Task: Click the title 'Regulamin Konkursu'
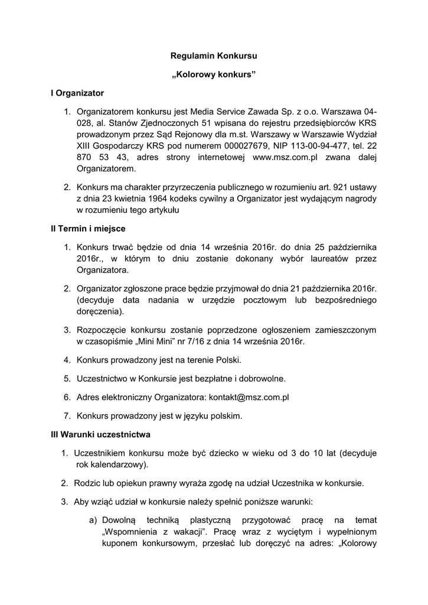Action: (214, 56)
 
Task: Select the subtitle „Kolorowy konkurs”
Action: (214, 74)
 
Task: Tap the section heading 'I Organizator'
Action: (77, 93)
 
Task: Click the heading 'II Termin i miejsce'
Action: (88, 228)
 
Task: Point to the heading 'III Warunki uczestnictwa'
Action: (100, 434)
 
